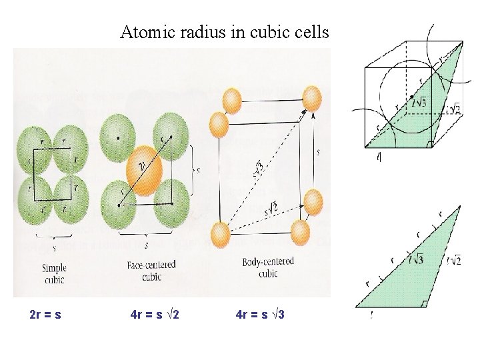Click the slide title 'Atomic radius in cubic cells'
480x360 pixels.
(x=225, y=32)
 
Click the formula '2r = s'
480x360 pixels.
(x=46, y=313)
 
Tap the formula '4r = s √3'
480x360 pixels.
(x=261, y=313)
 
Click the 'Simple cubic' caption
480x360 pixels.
(x=54, y=274)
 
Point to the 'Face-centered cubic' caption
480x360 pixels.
(x=151, y=269)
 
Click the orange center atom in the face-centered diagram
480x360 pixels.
(x=143, y=167)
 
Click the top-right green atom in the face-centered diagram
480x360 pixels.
(x=171, y=132)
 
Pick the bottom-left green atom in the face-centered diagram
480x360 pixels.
(x=117, y=199)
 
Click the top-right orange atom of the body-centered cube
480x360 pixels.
(x=312, y=98)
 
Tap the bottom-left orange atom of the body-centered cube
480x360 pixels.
(x=220, y=235)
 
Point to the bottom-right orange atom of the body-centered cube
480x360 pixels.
(x=301, y=231)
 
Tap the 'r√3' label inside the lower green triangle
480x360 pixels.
(x=417, y=259)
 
